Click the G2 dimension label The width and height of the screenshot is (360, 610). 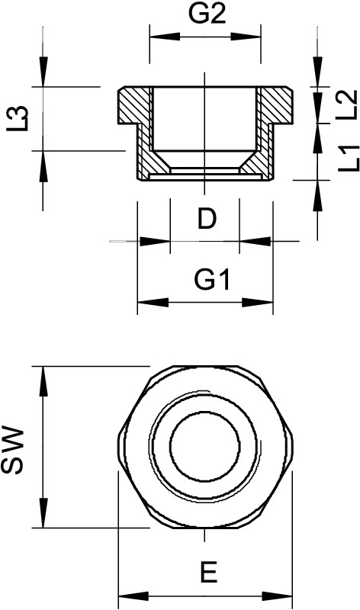coord(206,14)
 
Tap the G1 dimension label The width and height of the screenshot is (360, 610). coord(212,281)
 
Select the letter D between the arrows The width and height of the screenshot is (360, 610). coord(207,220)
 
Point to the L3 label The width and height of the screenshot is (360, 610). coord(18,118)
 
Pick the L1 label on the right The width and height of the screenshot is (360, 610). coord(349,159)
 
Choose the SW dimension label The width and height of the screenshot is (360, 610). coord(14,450)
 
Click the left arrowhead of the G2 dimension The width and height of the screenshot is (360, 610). coord(164,37)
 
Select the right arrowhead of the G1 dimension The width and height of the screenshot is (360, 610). coord(257,302)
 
